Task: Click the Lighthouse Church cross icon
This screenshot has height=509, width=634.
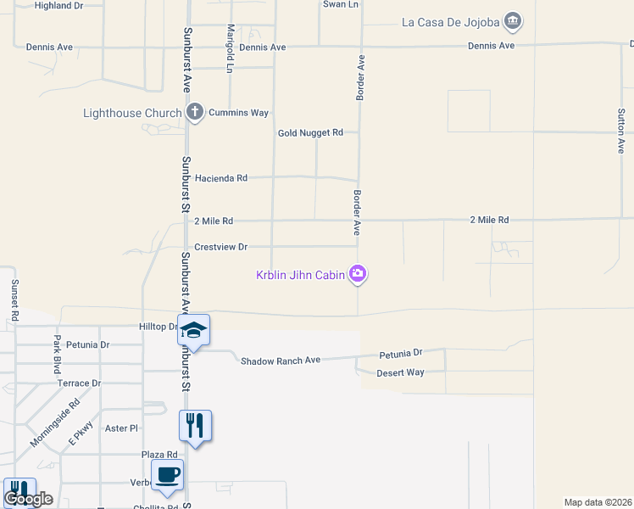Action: (x=195, y=112)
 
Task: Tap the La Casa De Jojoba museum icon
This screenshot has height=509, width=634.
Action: (x=512, y=20)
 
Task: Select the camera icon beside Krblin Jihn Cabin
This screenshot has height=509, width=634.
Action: (x=359, y=273)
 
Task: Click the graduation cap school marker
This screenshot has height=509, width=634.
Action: (x=193, y=331)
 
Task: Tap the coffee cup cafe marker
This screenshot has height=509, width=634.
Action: (x=167, y=475)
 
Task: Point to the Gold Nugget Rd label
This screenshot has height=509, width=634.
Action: (x=310, y=132)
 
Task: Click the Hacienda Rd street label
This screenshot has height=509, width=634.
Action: (x=220, y=178)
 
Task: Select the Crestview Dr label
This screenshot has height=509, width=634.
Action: (x=220, y=247)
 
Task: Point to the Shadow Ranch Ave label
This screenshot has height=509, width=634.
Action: (x=281, y=361)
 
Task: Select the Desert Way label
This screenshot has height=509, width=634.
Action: (x=400, y=372)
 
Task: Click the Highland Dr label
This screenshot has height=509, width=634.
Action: (x=58, y=5)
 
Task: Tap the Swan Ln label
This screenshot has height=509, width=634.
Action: (x=341, y=4)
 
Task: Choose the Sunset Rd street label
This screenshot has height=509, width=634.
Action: (x=14, y=300)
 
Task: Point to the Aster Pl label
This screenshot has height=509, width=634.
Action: (x=121, y=428)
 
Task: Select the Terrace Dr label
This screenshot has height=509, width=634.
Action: (x=79, y=383)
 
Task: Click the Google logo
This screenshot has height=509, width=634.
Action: (x=28, y=499)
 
